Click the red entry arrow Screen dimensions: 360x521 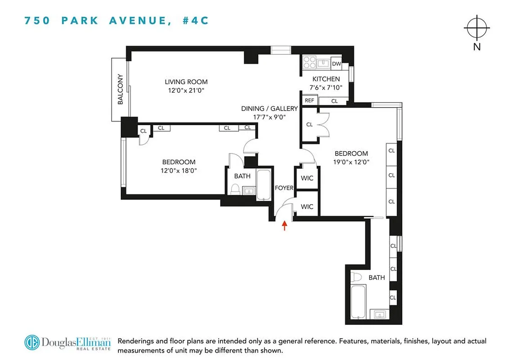point(284,225)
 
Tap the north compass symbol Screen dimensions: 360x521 point(477,28)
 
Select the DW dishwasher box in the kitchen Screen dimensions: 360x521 point(337,64)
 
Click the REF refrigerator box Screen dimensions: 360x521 point(310,101)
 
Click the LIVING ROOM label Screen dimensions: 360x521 point(186,82)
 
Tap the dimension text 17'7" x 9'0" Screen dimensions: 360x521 point(269,117)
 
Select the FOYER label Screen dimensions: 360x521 point(284,188)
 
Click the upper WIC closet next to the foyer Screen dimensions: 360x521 point(307,178)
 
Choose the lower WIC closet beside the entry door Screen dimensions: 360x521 point(307,207)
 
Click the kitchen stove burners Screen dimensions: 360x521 point(310,62)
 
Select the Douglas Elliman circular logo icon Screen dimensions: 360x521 point(32,342)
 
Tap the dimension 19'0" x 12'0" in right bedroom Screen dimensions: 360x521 point(351,163)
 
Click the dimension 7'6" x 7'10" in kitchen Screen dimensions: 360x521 point(326,88)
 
